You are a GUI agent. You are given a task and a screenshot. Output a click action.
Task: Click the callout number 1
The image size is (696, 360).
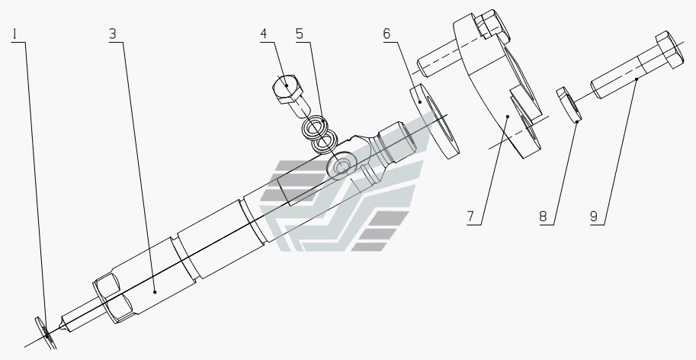coord(18,34)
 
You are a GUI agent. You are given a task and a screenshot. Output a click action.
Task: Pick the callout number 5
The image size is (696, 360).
coord(300,34)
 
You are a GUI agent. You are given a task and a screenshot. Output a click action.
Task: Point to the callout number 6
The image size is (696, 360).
coord(386,34)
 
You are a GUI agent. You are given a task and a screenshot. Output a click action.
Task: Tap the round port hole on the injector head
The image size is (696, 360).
coord(338,166)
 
